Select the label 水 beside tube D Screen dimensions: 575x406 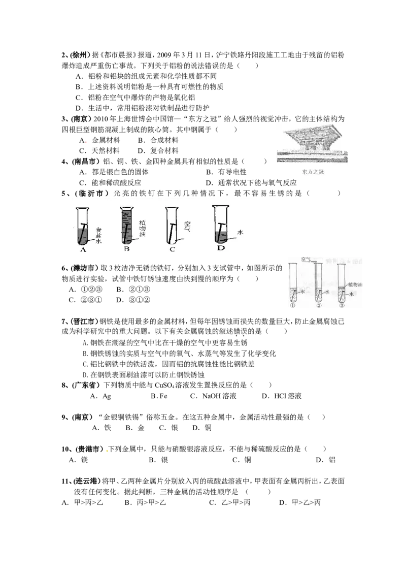click(x=241, y=232)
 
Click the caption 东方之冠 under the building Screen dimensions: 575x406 click(x=310, y=173)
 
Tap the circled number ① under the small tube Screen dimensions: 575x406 click(x=293, y=306)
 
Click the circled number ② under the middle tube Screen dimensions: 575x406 click(x=319, y=306)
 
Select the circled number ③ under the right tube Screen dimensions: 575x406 click(x=342, y=306)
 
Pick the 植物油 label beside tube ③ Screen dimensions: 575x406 click(x=355, y=286)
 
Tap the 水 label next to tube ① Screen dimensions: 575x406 click(x=302, y=292)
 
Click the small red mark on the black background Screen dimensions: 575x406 click(x=87, y=142)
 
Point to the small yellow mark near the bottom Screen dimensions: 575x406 click(x=108, y=451)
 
